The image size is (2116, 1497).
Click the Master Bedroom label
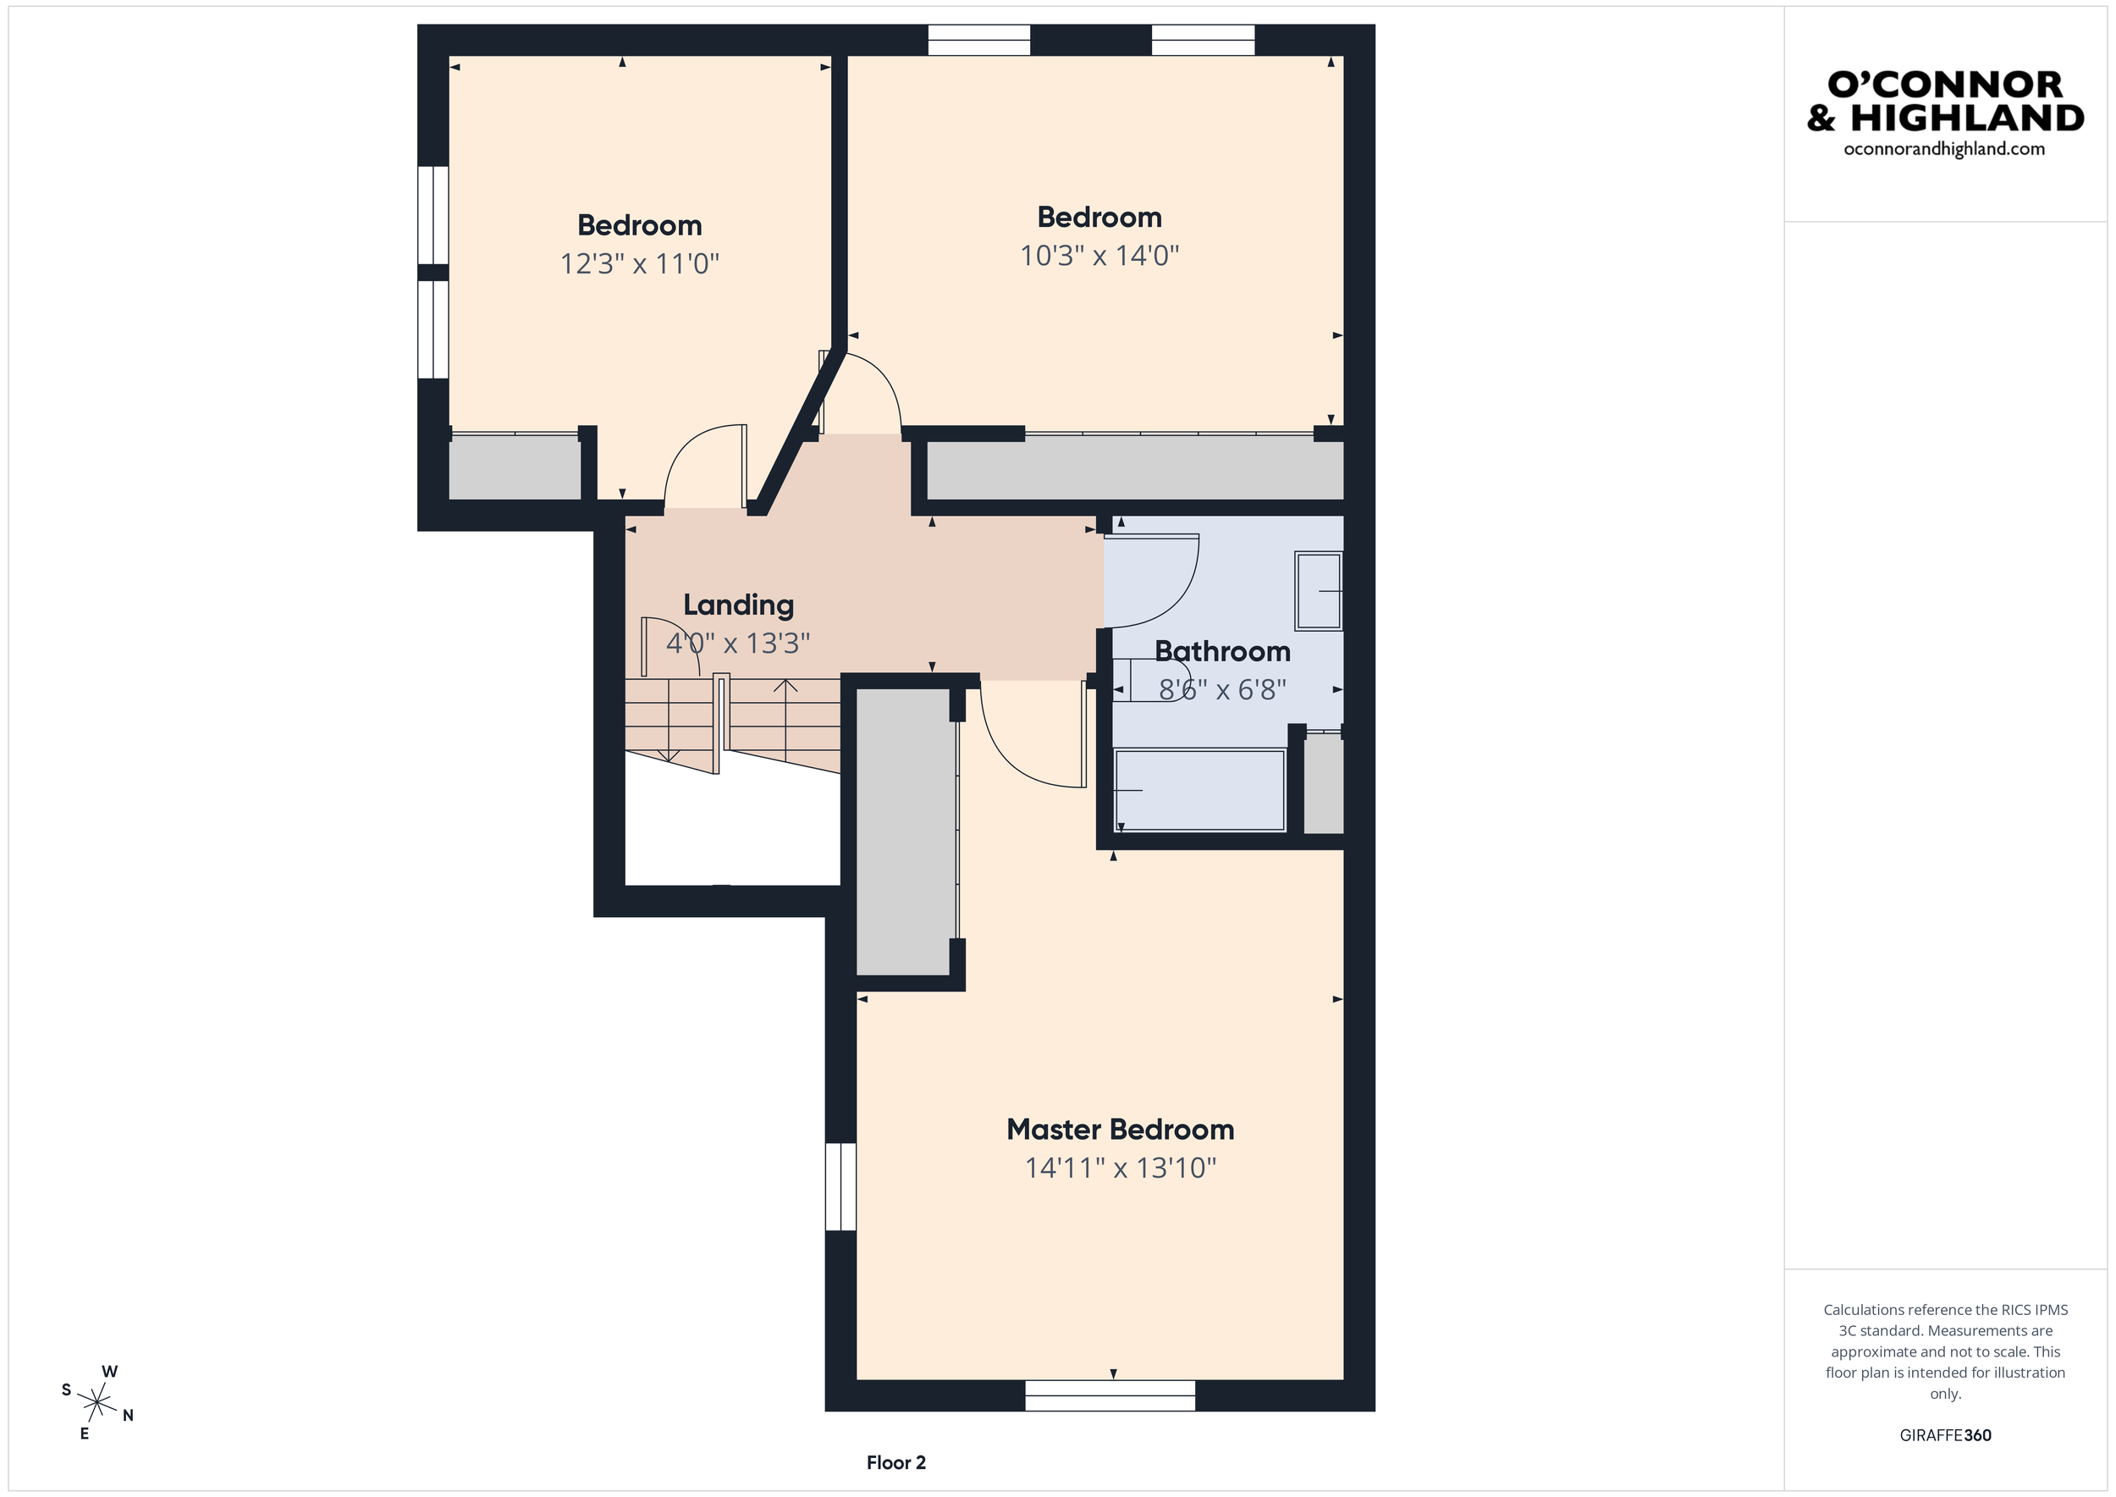1120,1130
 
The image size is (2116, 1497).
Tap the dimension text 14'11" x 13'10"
1120,1168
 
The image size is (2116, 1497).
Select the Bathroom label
1222,652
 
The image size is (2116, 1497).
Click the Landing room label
738,605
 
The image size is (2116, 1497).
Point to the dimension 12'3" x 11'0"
640,263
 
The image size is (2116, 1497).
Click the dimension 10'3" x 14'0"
1099,256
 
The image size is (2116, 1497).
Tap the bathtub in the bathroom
1199,790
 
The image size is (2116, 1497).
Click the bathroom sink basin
1319,591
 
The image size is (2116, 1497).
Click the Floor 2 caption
895,1462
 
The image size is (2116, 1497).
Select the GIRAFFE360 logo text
1944,1435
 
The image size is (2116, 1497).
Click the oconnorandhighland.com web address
1943,149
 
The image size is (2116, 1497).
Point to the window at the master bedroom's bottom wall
1110,1395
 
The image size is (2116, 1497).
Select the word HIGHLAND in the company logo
1967,118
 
